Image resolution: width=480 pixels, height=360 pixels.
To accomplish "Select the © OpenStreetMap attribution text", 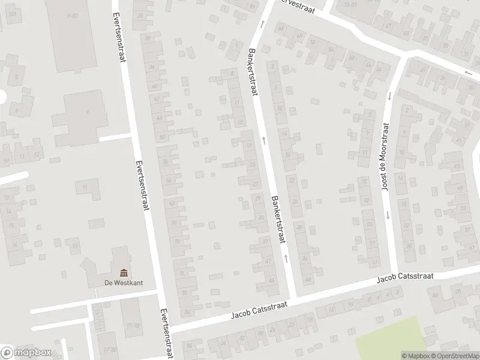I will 454,356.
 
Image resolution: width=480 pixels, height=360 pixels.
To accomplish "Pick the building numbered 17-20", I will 110,349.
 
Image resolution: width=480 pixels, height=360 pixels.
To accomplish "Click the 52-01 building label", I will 350,4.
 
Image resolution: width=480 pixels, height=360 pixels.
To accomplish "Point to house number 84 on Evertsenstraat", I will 187,311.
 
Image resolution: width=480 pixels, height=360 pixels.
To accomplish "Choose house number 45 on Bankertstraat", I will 272,280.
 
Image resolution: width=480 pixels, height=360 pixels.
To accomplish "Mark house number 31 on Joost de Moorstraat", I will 374,262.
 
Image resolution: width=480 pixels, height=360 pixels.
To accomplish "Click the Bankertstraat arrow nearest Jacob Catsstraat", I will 286,258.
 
